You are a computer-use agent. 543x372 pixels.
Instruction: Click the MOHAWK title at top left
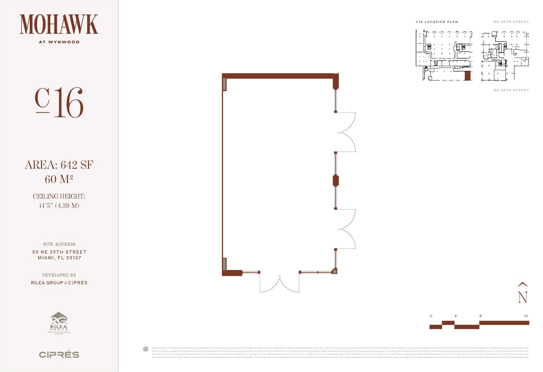[x=59, y=24]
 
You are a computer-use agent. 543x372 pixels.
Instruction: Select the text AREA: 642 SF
[x=59, y=165]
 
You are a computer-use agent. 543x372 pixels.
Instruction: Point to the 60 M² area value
[x=59, y=179]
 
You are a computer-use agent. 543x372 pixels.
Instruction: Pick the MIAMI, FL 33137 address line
[x=59, y=258]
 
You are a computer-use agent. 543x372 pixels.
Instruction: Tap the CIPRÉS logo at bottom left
[x=59, y=355]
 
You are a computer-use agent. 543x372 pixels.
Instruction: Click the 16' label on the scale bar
[x=526, y=316]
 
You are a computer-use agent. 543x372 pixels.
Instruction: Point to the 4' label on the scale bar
[x=456, y=316]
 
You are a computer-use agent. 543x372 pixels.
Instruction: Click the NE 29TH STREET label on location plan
[x=511, y=22]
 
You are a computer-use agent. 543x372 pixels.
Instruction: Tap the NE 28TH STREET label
[x=511, y=90]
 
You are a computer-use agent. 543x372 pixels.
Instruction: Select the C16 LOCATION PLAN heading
[x=437, y=22]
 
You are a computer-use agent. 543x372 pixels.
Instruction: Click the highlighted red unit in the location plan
[x=468, y=76]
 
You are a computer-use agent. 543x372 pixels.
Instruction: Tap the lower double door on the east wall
[x=346, y=229]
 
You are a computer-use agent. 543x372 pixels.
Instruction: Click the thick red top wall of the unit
[x=279, y=76]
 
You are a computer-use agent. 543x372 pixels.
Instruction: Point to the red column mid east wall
[x=336, y=181]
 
